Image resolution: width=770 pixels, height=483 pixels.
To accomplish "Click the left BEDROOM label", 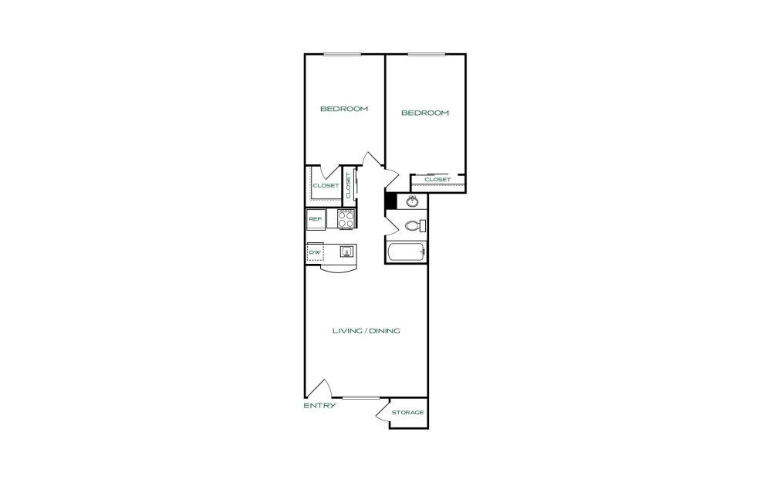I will [344, 109].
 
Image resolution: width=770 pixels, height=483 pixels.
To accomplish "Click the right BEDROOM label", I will [424, 113].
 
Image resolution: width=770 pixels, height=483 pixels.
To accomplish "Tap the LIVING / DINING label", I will [366, 331].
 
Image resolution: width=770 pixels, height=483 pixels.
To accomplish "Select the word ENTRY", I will [319, 405].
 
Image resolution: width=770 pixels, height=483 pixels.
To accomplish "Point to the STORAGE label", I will [407, 412].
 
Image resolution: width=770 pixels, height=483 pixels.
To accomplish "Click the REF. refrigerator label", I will [315, 220].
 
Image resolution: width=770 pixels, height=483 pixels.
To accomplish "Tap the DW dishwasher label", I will [315, 252].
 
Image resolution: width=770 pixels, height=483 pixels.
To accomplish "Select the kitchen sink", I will [346, 252].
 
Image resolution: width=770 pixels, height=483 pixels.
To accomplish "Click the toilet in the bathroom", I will [413, 226].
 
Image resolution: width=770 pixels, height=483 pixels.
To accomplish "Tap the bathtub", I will [406, 252].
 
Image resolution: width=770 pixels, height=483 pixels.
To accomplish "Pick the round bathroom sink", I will [412, 201].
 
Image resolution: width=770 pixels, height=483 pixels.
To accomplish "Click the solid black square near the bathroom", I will [390, 201].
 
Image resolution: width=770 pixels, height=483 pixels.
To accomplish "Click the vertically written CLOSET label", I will [349, 185].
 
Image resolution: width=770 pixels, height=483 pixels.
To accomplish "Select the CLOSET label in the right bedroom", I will [437, 180].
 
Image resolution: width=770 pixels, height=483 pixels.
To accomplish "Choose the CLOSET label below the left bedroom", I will [326, 186].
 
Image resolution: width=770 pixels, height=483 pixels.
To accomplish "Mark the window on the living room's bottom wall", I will [361, 397].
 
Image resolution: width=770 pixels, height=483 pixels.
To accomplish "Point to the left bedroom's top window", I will [343, 53].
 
